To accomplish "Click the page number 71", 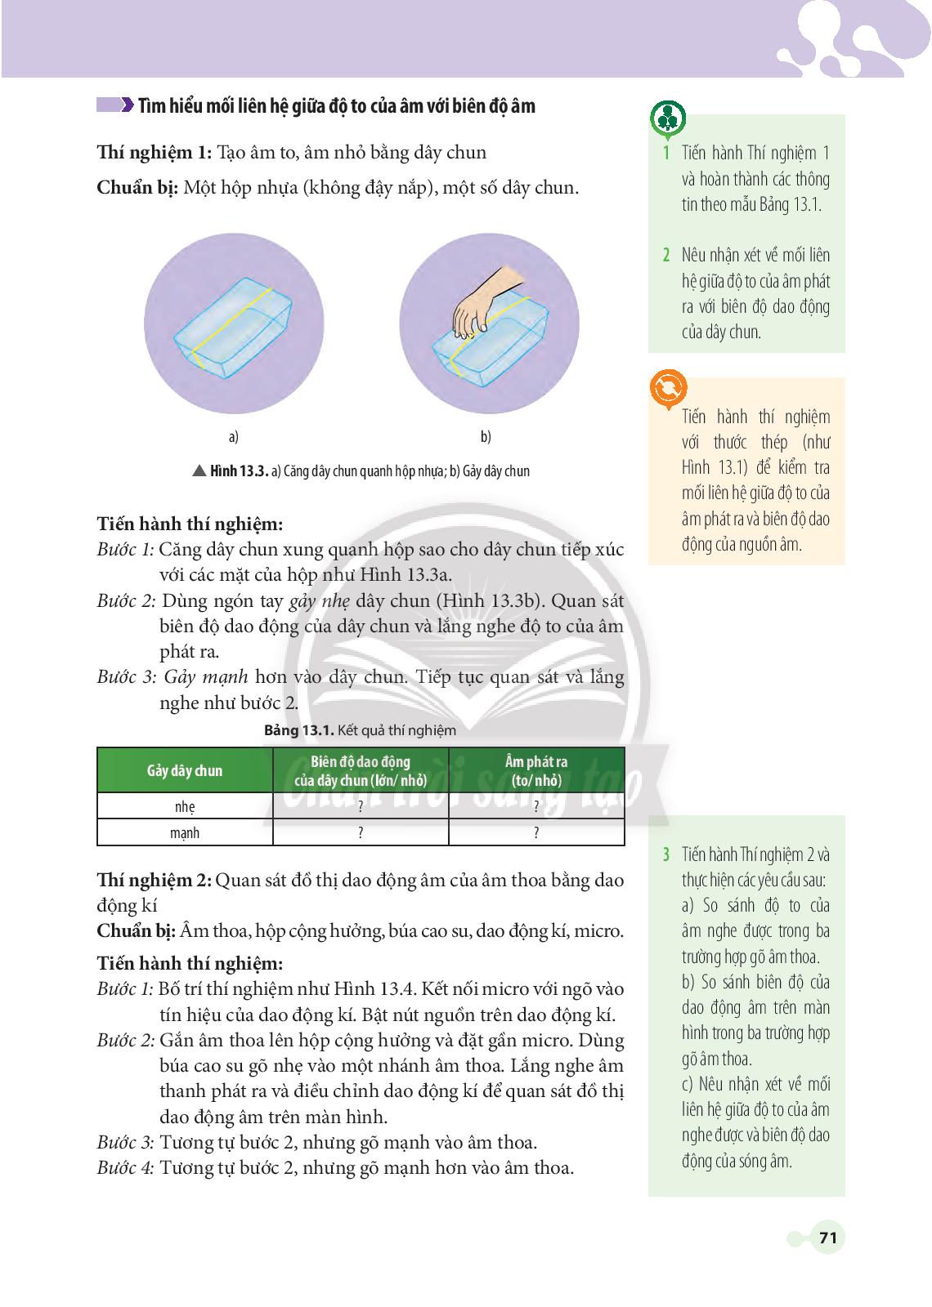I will pos(827,1238).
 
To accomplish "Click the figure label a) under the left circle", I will pos(233,437).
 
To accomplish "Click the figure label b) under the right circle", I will pos(486,437).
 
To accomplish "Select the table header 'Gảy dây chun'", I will pos(185,770).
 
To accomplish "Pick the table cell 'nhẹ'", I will pos(185,806).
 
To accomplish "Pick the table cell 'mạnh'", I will pos(185,832).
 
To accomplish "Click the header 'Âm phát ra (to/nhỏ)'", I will pos(536,770).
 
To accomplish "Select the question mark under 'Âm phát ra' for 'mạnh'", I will pos(536,833).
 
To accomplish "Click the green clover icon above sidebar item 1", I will pos(668,119).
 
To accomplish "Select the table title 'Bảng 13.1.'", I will pos(294,730).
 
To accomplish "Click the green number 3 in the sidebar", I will pos(666,855).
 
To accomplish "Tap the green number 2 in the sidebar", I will pos(666,255).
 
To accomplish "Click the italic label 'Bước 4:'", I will pos(125,1167).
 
